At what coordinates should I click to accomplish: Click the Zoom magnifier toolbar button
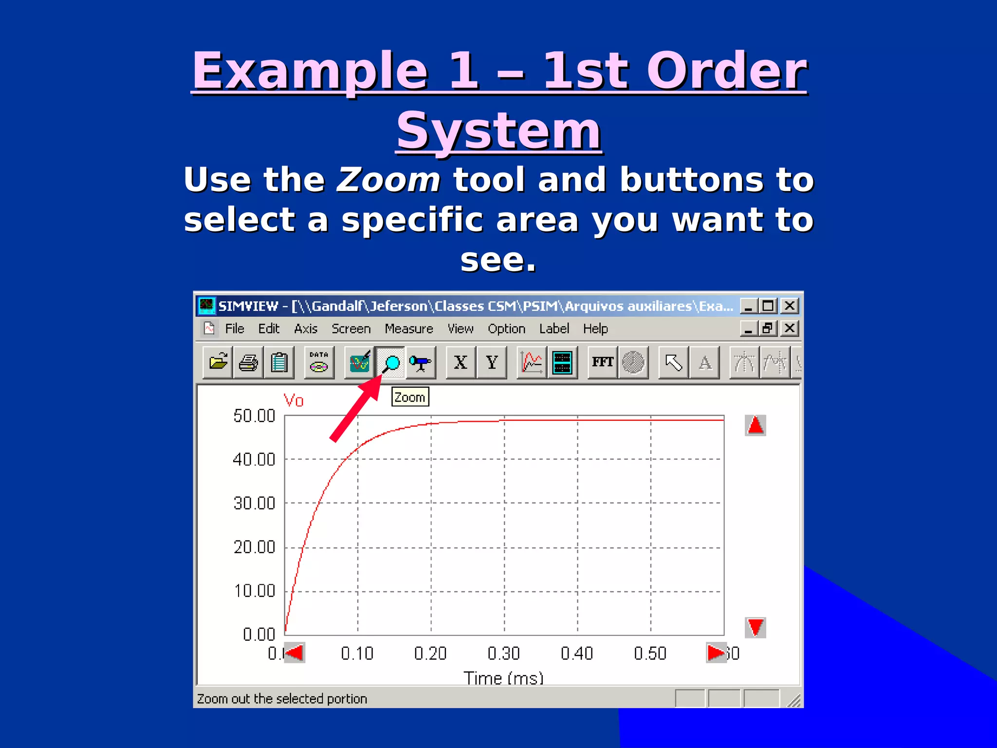click(390, 363)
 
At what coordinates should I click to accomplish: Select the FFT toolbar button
click(602, 363)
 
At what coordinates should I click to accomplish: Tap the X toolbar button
click(461, 363)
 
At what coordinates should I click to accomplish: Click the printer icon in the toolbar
click(248, 363)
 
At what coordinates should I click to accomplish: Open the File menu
click(234, 329)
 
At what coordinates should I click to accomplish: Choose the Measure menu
click(408, 329)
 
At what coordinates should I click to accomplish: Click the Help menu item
click(595, 329)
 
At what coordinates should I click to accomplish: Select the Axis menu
click(305, 329)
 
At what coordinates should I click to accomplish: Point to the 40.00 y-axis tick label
click(254, 459)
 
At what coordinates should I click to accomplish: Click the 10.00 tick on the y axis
click(254, 591)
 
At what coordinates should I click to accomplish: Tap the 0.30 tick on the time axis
click(504, 654)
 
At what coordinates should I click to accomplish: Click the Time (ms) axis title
click(503, 678)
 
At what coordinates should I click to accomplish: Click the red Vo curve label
click(294, 401)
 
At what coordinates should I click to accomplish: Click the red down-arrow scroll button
click(755, 627)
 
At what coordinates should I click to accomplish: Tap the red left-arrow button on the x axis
click(295, 653)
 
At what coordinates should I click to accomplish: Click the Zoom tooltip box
click(410, 397)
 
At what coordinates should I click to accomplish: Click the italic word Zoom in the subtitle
click(388, 180)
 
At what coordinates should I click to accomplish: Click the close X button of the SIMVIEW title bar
click(790, 306)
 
